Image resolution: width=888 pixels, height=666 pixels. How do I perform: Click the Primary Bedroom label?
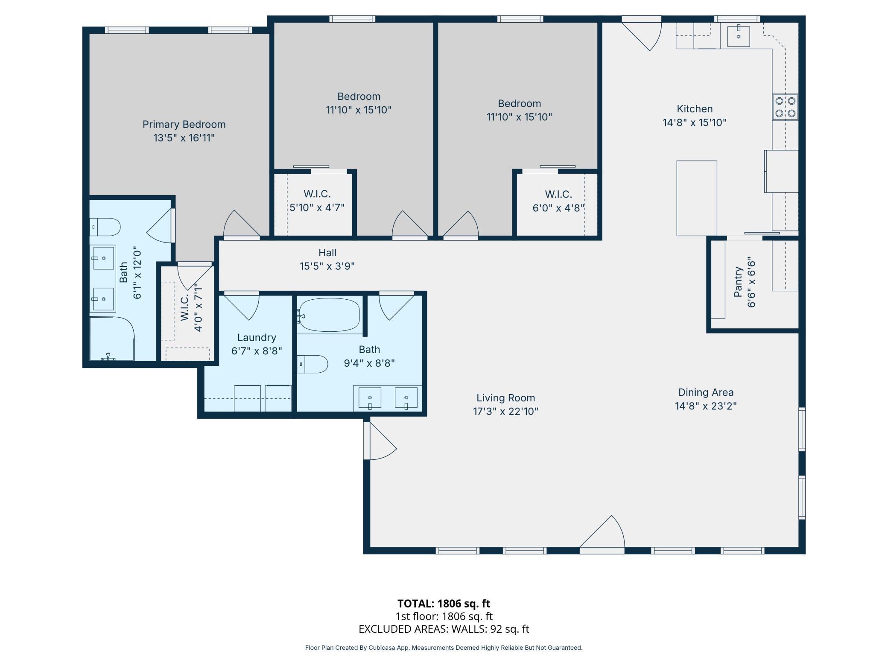[184, 124]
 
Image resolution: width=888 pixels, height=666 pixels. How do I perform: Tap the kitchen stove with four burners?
[785, 107]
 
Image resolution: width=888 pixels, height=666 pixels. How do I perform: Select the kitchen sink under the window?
[738, 35]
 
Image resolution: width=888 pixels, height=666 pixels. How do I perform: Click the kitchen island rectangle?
[697, 198]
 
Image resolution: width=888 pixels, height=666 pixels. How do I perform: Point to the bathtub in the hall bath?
[329, 315]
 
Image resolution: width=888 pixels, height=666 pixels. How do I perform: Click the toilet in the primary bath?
[105, 227]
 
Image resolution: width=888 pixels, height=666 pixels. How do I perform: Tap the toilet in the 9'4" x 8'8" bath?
[313, 364]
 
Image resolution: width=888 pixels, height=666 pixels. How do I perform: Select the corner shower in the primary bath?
[112, 339]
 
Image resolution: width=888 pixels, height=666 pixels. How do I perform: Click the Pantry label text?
[738, 282]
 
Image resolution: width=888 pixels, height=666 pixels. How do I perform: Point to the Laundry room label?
[257, 337]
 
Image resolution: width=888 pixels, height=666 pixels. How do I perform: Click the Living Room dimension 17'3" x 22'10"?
[505, 411]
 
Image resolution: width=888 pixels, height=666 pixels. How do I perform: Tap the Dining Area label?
[706, 392]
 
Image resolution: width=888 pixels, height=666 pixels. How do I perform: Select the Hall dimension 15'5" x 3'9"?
[327, 266]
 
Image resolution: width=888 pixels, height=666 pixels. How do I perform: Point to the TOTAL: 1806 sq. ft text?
[444, 603]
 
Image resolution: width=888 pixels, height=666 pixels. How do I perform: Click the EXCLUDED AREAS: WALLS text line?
[444, 629]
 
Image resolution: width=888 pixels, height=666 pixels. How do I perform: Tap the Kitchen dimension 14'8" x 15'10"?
[695, 123]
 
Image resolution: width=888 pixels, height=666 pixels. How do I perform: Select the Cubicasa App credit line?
[444, 648]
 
